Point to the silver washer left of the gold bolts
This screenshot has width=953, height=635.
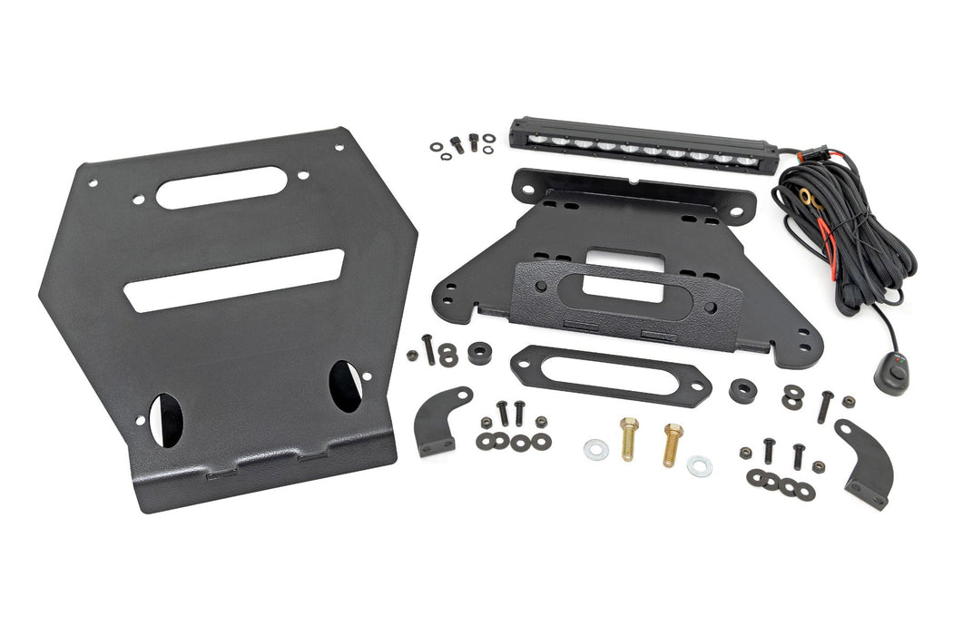pos(595,448)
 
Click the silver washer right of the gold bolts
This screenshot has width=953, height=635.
pos(699,465)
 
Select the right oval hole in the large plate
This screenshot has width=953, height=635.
pos(346,379)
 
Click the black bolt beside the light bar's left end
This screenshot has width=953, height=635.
pos(472,142)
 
